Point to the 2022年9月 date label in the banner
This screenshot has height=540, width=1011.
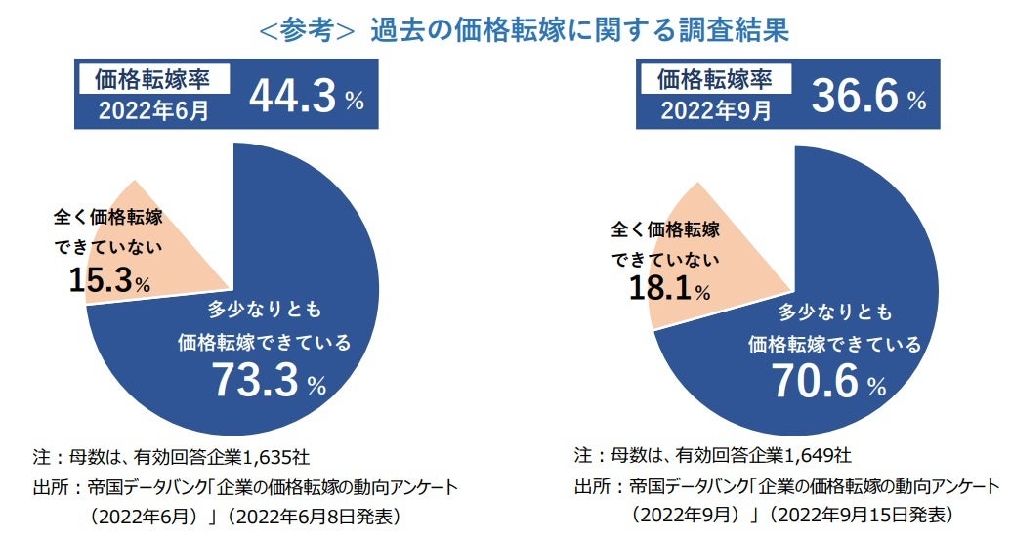(x=715, y=110)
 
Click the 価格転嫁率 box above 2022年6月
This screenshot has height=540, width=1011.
(x=153, y=78)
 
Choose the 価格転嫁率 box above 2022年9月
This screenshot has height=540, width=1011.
(x=716, y=78)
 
